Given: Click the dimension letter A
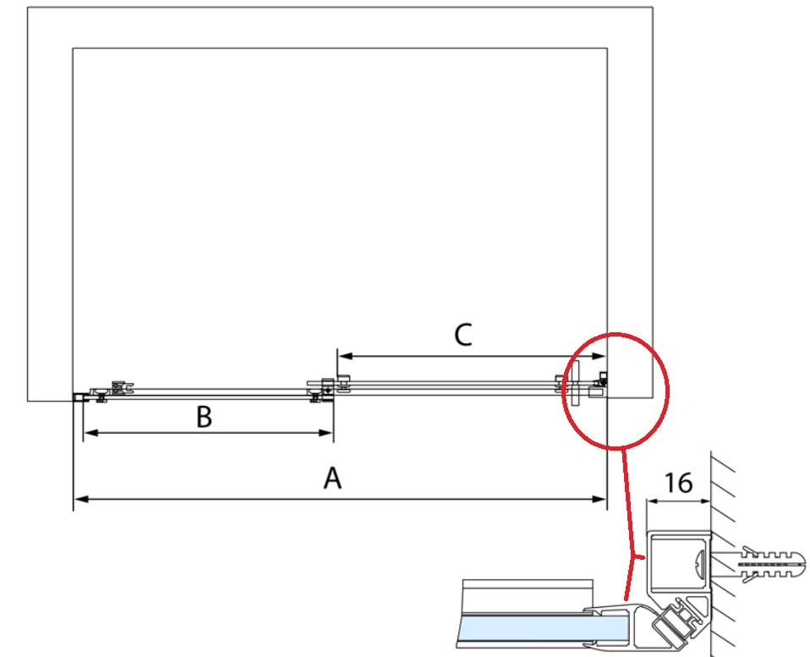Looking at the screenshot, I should pyautogui.click(x=333, y=479).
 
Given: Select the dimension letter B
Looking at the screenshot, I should pyautogui.click(x=204, y=417).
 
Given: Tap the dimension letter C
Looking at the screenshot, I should pyautogui.click(x=462, y=336).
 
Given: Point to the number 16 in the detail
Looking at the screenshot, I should pyautogui.click(x=678, y=483).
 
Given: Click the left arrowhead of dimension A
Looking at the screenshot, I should pyautogui.click(x=79, y=500).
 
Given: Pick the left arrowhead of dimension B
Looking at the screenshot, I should pyautogui.click(x=87, y=433).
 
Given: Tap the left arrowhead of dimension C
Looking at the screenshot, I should pyautogui.click(x=342, y=356).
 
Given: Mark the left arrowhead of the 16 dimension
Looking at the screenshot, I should pyautogui.click(x=650, y=501).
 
